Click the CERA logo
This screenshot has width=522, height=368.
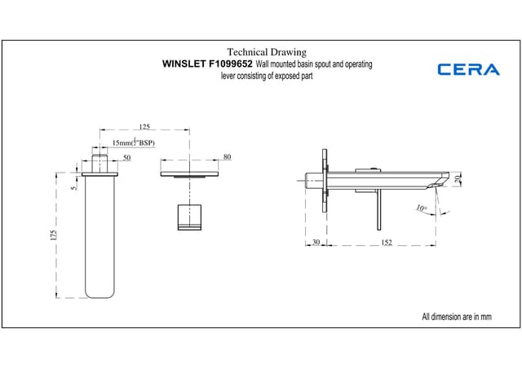468,69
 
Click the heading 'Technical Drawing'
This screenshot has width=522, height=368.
266,52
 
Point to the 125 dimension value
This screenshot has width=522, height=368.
144,127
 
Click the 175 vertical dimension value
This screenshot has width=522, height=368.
54,234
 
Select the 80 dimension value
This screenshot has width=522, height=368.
227,156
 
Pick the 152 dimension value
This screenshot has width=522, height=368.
387,242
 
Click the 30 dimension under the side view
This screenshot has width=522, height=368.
315,242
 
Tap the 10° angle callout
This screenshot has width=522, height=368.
421,208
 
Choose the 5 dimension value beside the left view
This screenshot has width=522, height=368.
73,188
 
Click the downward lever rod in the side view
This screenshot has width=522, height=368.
377,208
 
